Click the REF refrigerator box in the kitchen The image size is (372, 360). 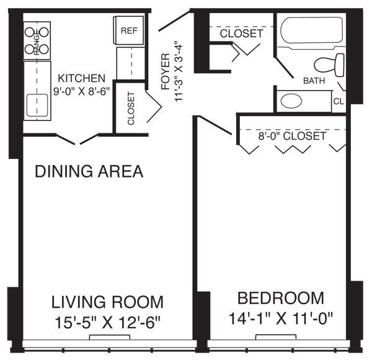pos(129,30)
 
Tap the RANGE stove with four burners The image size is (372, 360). pos(37,41)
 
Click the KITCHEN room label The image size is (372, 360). pos(81,78)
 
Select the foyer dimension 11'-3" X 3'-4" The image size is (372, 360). pos(179,71)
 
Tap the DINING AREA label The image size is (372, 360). pos(89,171)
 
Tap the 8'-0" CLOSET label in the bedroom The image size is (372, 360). pos(291,135)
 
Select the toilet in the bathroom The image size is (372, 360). pos(329,63)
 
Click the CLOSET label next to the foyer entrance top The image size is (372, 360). pos(241,34)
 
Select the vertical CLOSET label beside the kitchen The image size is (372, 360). pos(131,109)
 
